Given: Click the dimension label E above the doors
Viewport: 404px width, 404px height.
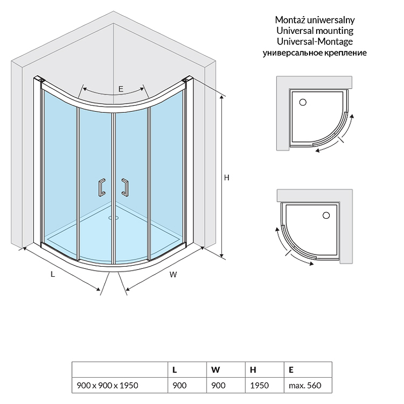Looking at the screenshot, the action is pos(121,89).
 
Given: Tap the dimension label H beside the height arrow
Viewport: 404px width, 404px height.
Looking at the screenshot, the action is pos(226,178).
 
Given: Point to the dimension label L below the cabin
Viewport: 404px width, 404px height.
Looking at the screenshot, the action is pos(53,274).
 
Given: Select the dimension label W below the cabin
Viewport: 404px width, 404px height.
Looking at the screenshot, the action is pos(173,275).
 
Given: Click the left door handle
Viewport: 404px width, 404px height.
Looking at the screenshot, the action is pos(102,187).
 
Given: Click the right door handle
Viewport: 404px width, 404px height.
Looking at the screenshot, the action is pos(125,187).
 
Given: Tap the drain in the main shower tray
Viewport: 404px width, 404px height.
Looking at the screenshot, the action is pos(113,218).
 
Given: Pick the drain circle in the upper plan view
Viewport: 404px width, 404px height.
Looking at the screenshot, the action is pos(302,103).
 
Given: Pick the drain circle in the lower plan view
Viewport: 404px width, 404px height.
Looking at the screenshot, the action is pos(326,216).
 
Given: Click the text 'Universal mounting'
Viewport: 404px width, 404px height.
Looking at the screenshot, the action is pos(315,31).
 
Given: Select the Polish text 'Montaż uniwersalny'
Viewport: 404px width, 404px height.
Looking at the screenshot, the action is pos(315,20).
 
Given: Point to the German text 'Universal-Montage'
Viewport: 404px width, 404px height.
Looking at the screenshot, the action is pos(315,41).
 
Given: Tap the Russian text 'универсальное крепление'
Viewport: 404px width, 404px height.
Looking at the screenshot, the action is pos(315,53).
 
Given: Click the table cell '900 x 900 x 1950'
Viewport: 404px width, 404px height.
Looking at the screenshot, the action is pos(108,385).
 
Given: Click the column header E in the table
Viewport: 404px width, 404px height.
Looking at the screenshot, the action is pos(291,370).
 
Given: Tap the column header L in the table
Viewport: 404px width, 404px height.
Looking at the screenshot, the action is pos(174,370).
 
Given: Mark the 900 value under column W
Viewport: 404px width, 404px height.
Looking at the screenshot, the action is pos(218,385).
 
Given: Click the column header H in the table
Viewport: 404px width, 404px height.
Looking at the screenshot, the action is pos(253,370).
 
